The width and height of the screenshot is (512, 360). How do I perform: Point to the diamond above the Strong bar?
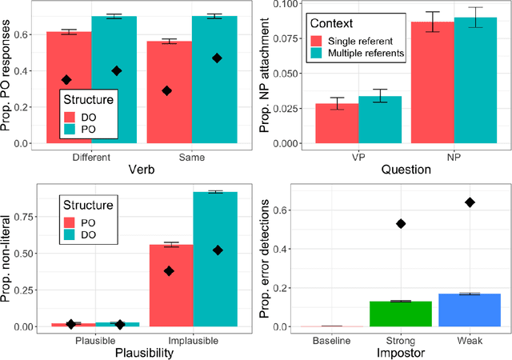coord(399,223)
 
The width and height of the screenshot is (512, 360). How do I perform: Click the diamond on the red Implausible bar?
coord(170,271)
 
